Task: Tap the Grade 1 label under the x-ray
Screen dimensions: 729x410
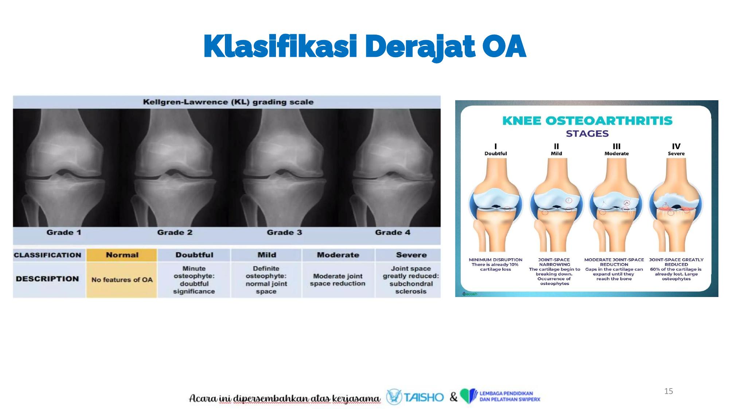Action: [64, 233]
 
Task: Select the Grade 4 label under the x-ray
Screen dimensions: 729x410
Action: [393, 233]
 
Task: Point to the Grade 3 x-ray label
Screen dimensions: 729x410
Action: [284, 233]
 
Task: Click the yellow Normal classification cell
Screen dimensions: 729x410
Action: [122, 255]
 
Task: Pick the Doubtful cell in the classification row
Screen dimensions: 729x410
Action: [194, 255]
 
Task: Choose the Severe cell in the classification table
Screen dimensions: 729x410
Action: [411, 255]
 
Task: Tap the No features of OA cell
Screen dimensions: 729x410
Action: [122, 280]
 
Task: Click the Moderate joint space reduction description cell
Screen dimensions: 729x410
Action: [338, 280]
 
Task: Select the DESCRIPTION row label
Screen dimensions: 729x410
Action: [47, 279]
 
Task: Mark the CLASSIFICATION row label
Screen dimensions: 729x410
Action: [47, 255]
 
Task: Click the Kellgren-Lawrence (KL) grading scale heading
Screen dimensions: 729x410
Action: [228, 102]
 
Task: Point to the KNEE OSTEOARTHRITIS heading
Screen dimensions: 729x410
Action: [587, 121]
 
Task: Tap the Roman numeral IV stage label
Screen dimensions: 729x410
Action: [676, 147]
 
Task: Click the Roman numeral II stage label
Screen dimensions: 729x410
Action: [556, 147]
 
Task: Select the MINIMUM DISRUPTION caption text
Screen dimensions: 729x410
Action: [495, 260]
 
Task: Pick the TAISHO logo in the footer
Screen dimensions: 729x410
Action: [415, 397]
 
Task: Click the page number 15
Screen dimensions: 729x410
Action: [668, 391]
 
